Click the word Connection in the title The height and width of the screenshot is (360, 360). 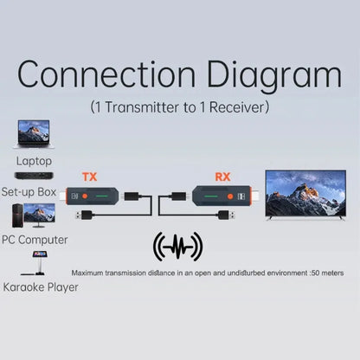106,74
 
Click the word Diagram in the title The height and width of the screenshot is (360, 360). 274,76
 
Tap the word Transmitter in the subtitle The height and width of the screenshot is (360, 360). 142,107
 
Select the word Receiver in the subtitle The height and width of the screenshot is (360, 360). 237,107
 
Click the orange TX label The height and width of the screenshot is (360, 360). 90,177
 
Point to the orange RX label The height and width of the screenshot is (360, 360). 222,177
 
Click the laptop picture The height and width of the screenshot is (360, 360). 34,134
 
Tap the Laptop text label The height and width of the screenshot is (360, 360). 34,161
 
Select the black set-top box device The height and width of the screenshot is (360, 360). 34,176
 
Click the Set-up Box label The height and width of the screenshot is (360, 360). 29,192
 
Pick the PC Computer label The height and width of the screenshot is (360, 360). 35,240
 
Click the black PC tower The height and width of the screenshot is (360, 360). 17,215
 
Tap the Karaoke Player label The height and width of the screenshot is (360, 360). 41,287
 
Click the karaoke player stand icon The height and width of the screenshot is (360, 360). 36,263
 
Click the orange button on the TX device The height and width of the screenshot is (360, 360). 85,196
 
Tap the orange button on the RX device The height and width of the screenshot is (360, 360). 230,196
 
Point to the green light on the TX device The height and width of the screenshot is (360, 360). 101,196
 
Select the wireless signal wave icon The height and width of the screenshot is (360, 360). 177,247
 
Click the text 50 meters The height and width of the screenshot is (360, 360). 328,273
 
